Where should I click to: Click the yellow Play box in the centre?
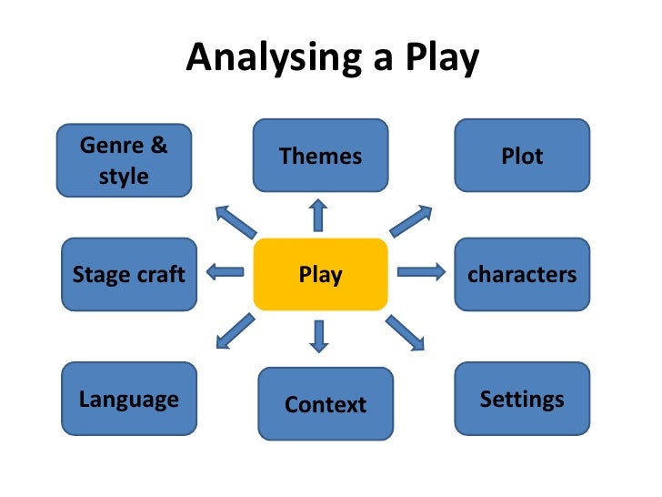point(320,274)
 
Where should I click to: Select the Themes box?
point(320,156)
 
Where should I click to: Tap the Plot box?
point(522,156)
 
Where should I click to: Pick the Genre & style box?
point(124,160)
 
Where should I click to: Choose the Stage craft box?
point(128,274)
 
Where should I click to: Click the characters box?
point(522,274)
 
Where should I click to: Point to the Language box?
point(128,399)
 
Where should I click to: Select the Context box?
point(326,404)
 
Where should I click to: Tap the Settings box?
point(522,399)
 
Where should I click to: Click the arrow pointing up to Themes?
point(318,216)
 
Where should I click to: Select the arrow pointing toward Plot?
point(411,221)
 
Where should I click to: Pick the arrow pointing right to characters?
point(421,271)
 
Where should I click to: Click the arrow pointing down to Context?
point(318,336)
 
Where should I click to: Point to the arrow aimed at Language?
point(236,330)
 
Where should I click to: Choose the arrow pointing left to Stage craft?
point(226,271)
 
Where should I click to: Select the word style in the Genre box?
point(124,176)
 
